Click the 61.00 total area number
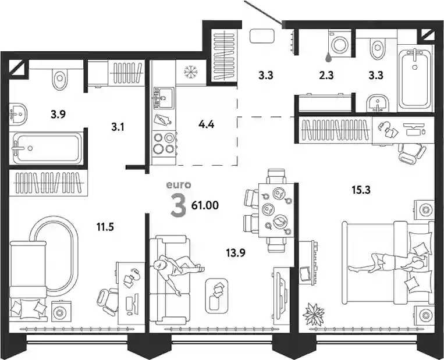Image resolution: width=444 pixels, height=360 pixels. pos(205,205)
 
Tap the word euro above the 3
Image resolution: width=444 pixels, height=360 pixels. pos(179,185)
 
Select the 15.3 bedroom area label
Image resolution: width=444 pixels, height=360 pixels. pos(361,190)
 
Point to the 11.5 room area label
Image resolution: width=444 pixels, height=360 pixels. pos(105,227)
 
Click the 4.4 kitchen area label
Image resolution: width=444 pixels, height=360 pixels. pos(207,124)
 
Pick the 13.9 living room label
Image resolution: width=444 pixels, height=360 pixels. pos(236,252)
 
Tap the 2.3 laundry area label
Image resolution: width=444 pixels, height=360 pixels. pos(326,75)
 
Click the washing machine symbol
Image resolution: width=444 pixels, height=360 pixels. pos(339,42)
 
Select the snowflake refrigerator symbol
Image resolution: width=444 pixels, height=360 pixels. pos(190,72)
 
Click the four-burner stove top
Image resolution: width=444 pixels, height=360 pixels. pos(164,144)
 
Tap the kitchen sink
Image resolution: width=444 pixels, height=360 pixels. pos(164,98)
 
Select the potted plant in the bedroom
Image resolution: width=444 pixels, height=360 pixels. pos(314,314)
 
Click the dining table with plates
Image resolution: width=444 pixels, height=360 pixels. pos(276,210)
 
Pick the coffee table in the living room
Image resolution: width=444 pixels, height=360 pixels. pos(216,296)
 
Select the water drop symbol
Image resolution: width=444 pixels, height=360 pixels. pos(328,57)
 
